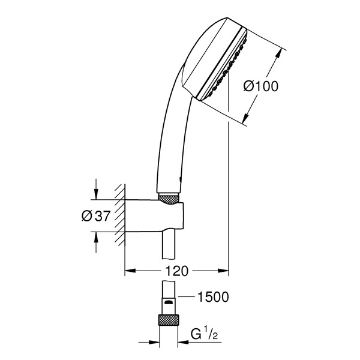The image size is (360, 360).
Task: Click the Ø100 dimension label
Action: tap(260, 86)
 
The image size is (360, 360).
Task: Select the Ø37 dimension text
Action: tap(96, 216)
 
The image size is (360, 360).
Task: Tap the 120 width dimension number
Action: tap(176, 271)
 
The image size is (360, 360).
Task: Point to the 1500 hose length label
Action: tap(213, 296)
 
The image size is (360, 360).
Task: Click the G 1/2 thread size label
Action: tap(204, 334)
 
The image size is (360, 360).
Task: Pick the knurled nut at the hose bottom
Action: tap(168, 320)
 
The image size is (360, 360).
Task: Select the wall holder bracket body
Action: tap(154, 216)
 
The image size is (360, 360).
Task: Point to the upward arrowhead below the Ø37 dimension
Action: tap(96, 237)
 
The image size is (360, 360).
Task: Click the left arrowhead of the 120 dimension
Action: tap(130, 271)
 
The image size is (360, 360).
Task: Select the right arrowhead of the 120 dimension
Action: tap(223, 271)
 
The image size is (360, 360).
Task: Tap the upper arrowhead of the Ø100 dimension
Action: tap(278, 55)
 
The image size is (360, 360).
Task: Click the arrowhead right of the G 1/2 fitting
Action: tap(184, 342)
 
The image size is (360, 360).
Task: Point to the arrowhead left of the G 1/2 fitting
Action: tap(154, 342)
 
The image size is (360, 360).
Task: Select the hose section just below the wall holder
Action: tap(169, 245)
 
